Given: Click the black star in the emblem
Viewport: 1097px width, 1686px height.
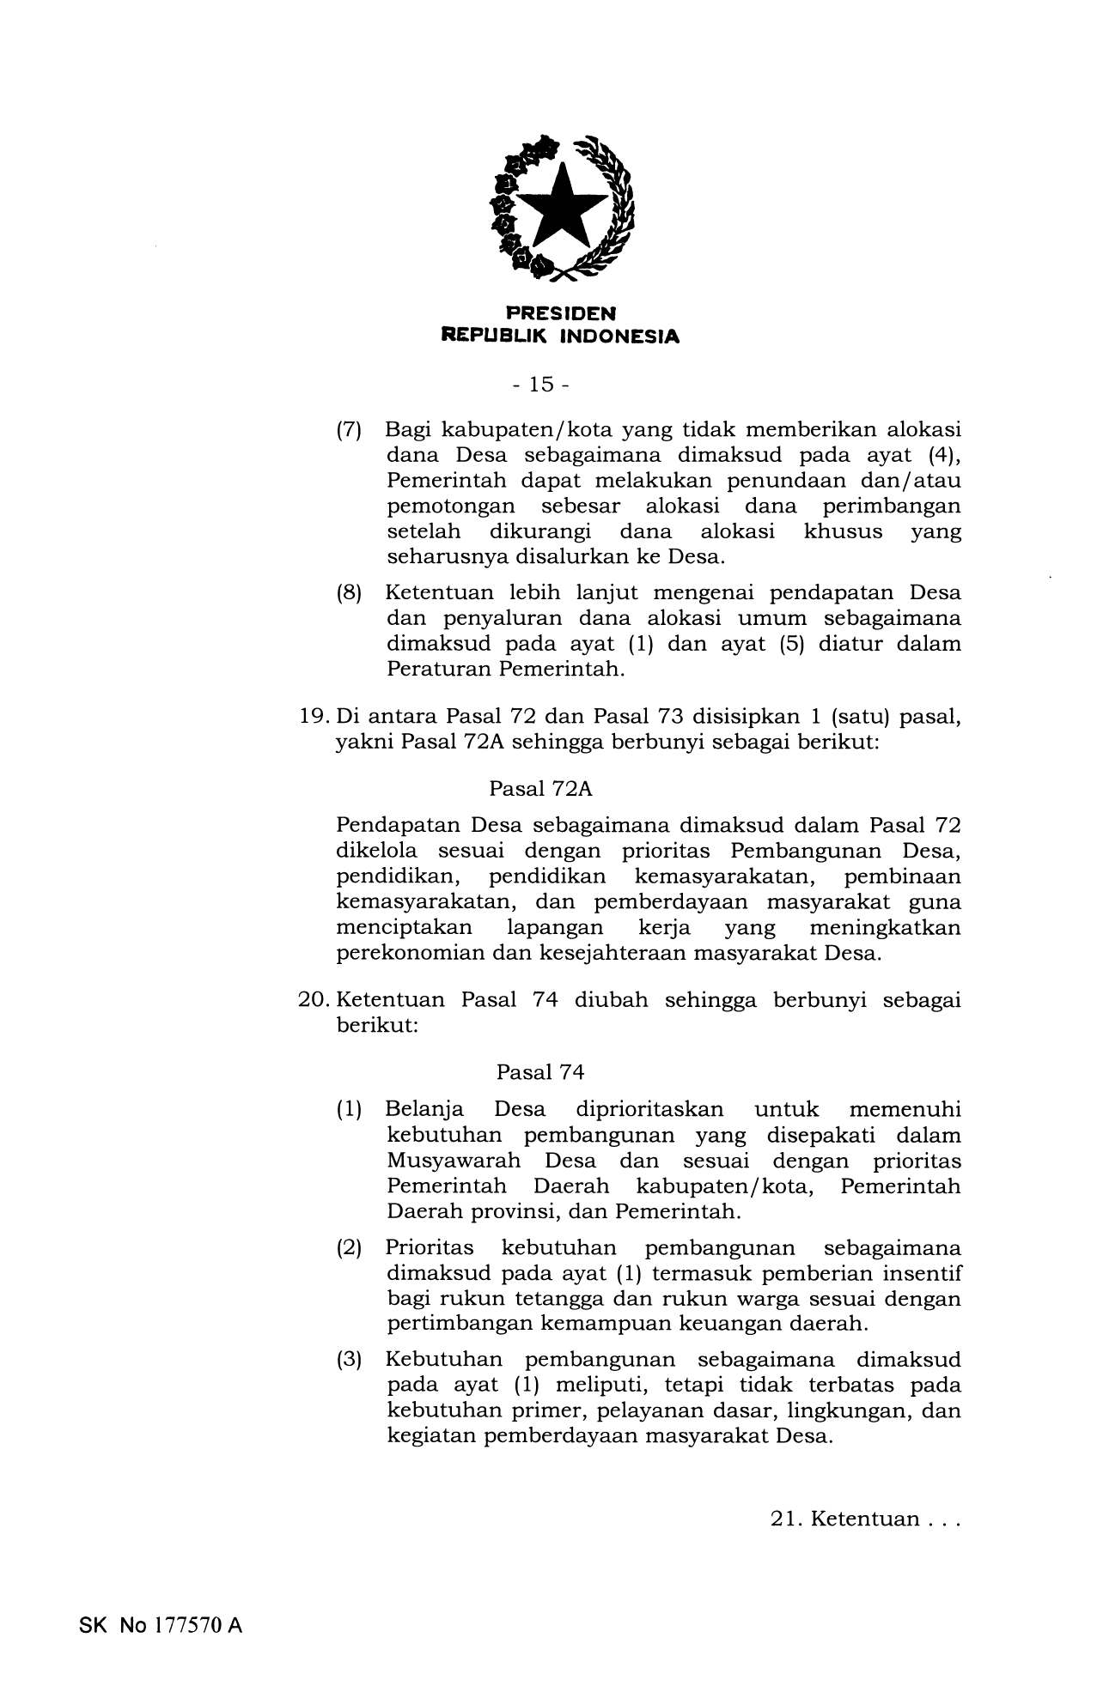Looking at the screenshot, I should [559, 207].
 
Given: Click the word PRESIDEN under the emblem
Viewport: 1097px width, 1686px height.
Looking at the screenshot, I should [560, 314].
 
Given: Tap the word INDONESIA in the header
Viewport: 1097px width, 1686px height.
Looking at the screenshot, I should [619, 337].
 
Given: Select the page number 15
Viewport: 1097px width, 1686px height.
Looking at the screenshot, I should [542, 385].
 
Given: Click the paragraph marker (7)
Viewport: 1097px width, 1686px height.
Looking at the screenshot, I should [348, 429].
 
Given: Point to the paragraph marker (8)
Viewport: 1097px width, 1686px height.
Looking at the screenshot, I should [348, 593].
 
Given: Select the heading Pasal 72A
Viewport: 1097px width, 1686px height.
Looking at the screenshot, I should [541, 788].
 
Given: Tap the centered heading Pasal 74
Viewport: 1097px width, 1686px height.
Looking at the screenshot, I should [540, 1072].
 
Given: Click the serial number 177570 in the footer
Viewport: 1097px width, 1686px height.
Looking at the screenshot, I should [189, 1625].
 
